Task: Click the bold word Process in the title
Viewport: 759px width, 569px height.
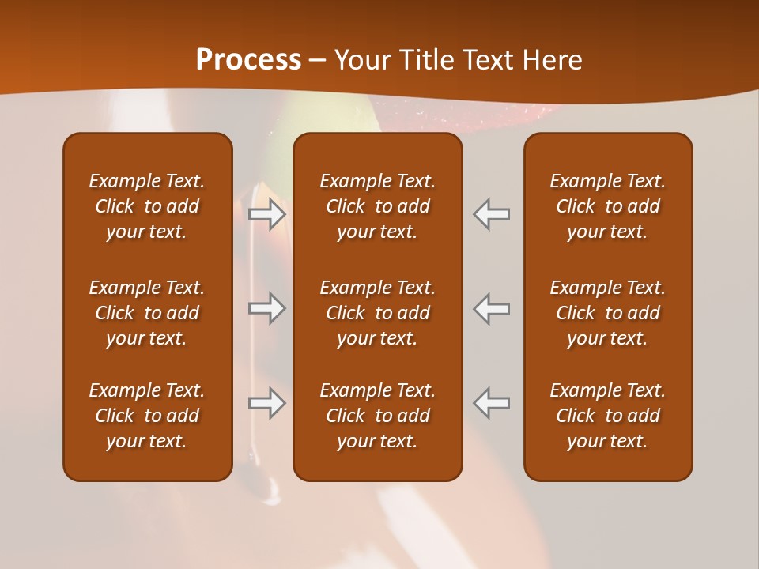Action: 248,60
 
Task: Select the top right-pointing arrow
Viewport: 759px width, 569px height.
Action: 267,214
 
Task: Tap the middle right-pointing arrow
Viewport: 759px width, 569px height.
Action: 267,308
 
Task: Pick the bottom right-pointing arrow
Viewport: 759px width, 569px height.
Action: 267,403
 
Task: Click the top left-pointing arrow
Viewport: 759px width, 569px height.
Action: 491,214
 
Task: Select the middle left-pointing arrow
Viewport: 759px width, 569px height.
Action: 491,308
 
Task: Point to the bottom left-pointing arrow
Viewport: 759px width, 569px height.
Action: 491,403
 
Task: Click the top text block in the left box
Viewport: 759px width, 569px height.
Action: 147,206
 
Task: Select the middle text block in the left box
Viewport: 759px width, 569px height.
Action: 147,313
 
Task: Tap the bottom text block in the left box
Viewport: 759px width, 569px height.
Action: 147,416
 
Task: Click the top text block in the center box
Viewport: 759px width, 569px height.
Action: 377,206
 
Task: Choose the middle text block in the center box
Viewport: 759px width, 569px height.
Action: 377,313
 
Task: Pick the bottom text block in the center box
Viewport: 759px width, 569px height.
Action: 377,416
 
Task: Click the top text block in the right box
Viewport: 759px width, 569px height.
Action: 607,206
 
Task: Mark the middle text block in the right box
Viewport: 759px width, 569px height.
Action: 607,313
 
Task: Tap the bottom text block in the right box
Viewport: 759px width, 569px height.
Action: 607,416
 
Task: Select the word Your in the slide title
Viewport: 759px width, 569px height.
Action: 361,60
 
